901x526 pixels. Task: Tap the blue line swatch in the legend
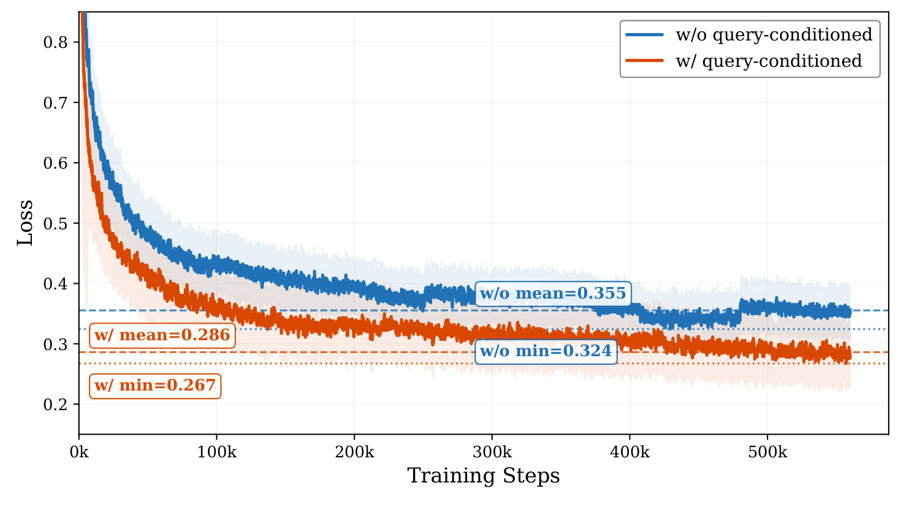[644, 34]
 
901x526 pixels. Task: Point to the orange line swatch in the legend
[644, 61]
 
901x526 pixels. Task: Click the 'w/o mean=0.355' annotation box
[553, 294]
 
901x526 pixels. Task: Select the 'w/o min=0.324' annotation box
[546, 351]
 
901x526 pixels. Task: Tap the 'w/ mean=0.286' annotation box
[162, 335]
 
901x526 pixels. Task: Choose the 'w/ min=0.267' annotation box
[155, 386]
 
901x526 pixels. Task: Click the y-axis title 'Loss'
[25, 223]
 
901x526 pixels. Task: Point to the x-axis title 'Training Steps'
[484, 476]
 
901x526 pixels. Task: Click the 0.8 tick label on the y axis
[56, 42]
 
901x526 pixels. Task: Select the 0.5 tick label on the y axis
[56, 223]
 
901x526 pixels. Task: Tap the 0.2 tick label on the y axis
[56, 405]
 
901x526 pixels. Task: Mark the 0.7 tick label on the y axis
[56, 102]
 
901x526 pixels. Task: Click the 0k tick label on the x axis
[79, 452]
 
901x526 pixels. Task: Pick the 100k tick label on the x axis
[217, 452]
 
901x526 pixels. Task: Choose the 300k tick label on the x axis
[492, 452]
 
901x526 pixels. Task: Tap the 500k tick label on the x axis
[767, 452]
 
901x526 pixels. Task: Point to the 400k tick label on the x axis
[630, 452]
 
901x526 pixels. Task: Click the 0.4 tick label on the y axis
[56, 284]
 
